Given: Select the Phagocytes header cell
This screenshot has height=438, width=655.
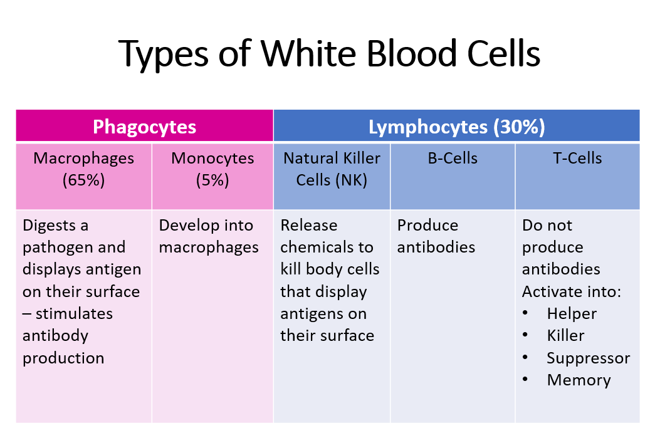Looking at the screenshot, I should (144, 127).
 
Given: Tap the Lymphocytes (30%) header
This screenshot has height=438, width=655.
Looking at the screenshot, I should (456, 127).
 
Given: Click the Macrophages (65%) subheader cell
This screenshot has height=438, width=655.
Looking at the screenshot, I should (83, 169).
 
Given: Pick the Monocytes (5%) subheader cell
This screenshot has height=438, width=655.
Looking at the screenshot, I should (212, 169).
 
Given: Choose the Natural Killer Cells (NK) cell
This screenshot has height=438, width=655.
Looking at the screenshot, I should (332, 169).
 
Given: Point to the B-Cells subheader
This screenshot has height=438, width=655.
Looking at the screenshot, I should (452, 158).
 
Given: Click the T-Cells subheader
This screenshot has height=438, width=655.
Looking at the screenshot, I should (577, 158).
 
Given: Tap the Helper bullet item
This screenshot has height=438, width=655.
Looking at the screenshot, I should (572, 313).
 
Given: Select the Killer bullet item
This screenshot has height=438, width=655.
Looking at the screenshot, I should (565, 335).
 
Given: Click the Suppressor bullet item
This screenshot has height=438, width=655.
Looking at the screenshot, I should (588, 358).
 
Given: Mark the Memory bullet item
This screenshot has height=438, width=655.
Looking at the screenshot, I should (579, 380).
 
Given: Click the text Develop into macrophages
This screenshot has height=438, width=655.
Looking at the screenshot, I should (209, 236).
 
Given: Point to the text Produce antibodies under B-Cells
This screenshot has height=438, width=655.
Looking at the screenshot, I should (436, 236).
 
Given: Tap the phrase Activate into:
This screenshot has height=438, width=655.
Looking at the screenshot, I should (571, 291).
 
